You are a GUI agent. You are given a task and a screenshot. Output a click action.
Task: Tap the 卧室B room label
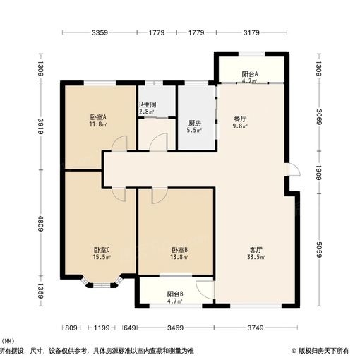[179, 251]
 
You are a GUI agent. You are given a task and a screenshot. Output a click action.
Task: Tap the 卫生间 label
[146, 107]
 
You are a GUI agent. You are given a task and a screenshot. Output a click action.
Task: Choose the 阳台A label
[249, 75]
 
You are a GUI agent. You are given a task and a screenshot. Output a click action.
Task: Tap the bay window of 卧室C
[103, 283]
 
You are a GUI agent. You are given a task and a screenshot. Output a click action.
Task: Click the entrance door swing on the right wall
[293, 170]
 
